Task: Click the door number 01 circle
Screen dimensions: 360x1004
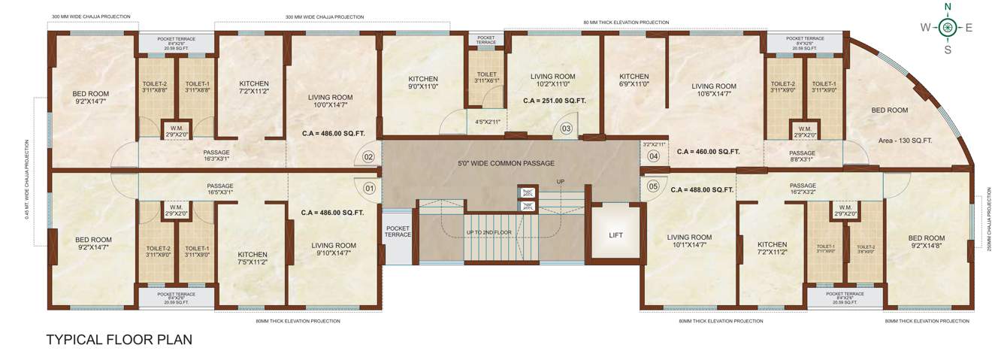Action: pos(368,188)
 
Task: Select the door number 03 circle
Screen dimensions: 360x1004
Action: pos(566,129)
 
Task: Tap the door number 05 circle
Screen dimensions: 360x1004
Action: pos(653,186)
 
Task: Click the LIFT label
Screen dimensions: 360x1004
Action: pos(615,234)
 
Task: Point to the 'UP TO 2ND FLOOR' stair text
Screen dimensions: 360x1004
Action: pos(488,232)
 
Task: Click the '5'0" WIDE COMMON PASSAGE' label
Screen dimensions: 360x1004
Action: pos(506,163)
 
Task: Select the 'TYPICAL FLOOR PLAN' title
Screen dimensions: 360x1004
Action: pos(119,340)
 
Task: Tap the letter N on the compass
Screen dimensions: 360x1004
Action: pos(948,7)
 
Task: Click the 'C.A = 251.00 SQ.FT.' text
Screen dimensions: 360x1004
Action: pos(554,100)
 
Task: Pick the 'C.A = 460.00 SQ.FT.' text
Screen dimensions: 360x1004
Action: pos(708,151)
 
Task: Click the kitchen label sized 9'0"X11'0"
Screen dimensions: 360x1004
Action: pos(423,83)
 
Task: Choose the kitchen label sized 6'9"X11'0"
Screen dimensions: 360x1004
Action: pos(634,80)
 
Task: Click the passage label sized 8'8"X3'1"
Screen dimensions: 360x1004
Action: pos(802,156)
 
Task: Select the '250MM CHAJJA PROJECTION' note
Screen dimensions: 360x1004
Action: pos(989,218)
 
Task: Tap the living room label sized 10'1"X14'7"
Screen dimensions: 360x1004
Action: pos(689,241)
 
